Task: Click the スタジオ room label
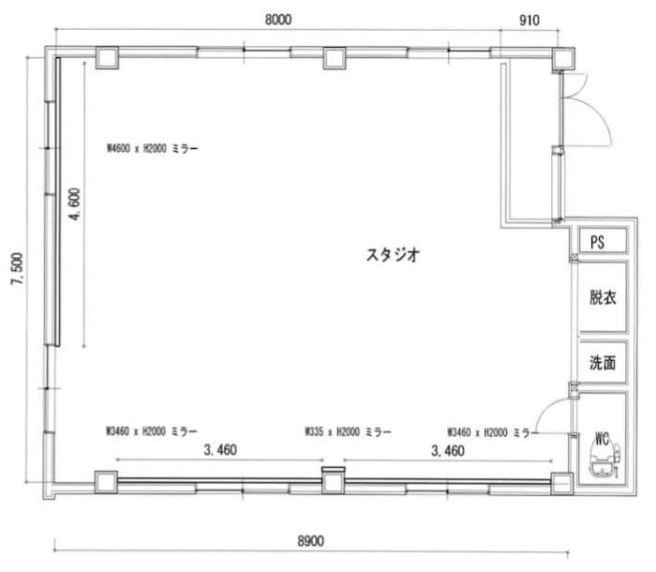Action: [x=392, y=253]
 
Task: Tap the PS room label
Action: [x=597, y=241]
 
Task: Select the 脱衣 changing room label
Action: [x=603, y=299]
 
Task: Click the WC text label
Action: [x=602, y=435]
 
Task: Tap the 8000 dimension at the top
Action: [x=278, y=19]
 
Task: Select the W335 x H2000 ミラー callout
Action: [x=348, y=432]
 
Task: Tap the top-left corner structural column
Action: [x=105, y=58]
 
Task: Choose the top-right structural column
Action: [x=561, y=58]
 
